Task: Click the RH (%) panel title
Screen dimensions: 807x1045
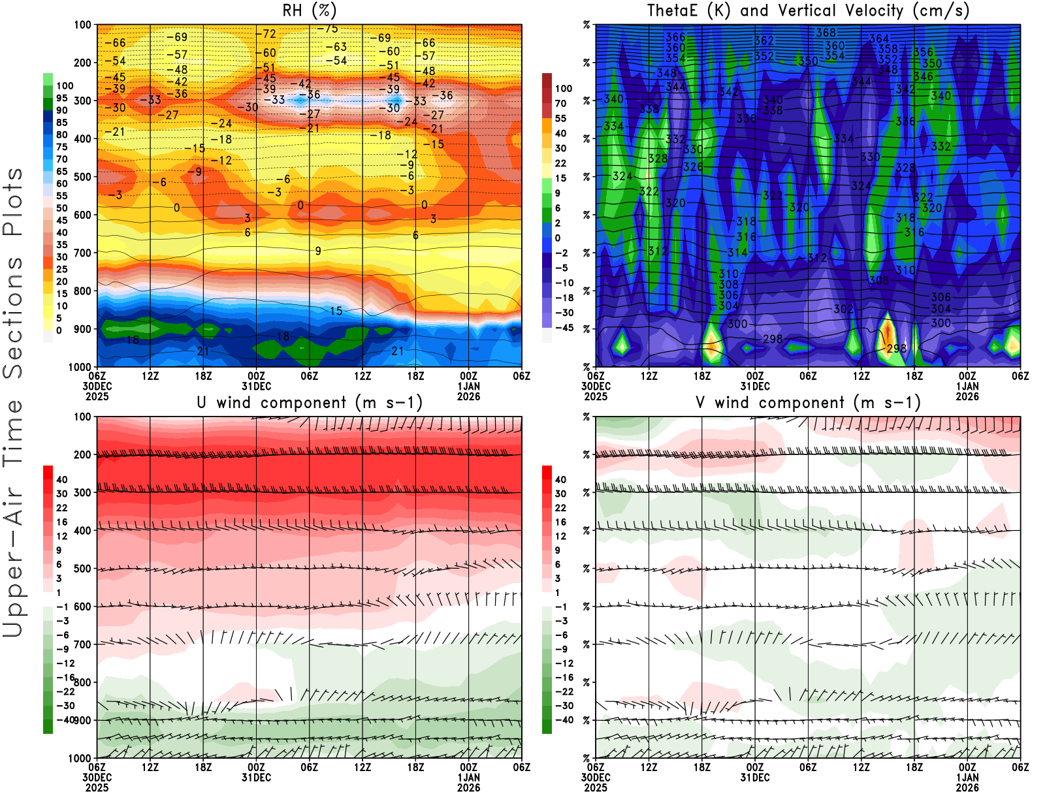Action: click(309, 10)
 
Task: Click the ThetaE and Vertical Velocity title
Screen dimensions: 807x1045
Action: click(808, 10)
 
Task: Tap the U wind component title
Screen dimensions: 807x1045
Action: click(310, 402)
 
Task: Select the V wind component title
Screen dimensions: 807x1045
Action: click(808, 402)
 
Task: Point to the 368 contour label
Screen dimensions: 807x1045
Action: click(826, 33)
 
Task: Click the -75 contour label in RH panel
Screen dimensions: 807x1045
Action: click(328, 29)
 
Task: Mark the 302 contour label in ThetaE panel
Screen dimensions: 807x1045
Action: click(843, 309)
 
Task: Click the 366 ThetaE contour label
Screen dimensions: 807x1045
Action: click(675, 37)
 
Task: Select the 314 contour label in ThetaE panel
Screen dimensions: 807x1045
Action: click(737, 252)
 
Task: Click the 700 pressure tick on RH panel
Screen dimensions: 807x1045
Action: click(82, 253)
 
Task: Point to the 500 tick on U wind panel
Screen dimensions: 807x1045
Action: click(82, 569)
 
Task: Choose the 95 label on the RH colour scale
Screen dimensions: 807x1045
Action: click(61, 98)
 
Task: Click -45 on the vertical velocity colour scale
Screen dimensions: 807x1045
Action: click(564, 328)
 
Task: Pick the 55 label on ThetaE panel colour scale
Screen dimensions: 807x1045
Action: click(560, 118)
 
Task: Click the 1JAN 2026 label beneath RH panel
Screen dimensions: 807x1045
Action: click(468, 391)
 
